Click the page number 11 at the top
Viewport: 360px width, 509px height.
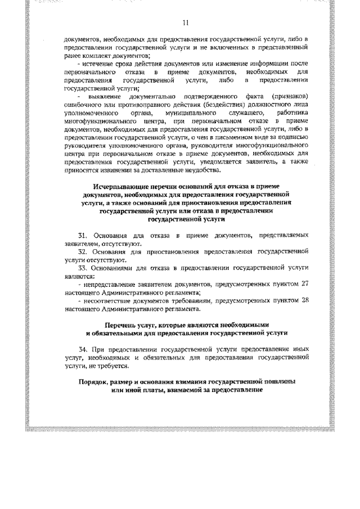coord(186,22)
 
